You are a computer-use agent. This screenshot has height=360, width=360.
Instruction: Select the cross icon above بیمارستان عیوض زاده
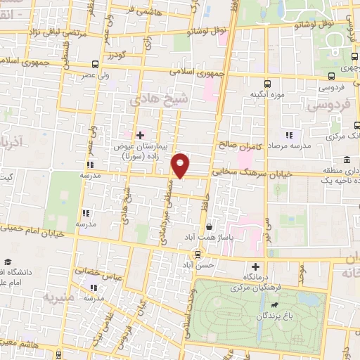tap(139, 134)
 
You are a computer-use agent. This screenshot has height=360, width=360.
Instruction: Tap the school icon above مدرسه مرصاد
tap(288, 134)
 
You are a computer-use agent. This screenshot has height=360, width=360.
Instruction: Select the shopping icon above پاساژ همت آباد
tap(210, 227)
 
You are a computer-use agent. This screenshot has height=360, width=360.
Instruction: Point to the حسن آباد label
tap(197, 265)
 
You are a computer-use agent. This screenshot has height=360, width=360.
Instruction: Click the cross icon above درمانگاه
tap(255, 267)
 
